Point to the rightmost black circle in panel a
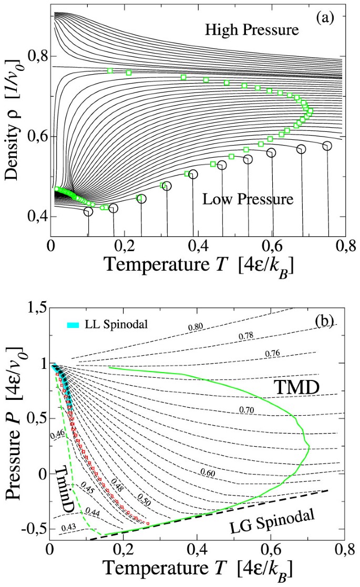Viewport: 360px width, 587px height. [327, 146]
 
